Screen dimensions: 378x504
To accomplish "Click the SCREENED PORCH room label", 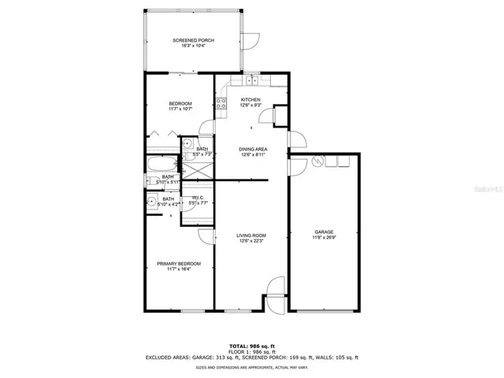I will pyautogui.click(x=193, y=40).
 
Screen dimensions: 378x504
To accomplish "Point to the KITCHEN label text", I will pyautogui.click(x=250, y=100).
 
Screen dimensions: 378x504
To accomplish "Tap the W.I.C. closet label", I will pyautogui.click(x=198, y=198).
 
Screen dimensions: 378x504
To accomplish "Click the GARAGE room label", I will pyautogui.click(x=324, y=232).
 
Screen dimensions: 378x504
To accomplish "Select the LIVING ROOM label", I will pyautogui.click(x=251, y=235).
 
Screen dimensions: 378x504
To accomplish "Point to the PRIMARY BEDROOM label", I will pyautogui.click(x=178, y=263).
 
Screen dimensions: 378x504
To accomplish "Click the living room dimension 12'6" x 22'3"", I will pyautogui.click(x=251, y=241).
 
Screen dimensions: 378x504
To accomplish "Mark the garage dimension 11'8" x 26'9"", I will pyautogui.click(x=324, y=238).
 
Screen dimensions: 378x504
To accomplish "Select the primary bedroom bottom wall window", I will pyautogui.click(x=193, y=311).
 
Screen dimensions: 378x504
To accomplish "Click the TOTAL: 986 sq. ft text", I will pyautogui.click(x=251, y=346).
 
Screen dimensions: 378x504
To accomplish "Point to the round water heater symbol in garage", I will pyautogui.click(x=318, y=161).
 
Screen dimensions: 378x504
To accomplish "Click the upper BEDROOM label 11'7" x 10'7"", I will pyautogui.click(x=178, y=107).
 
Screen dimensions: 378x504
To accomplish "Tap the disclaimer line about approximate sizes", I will pyautogui.click(x=251, y=368).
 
